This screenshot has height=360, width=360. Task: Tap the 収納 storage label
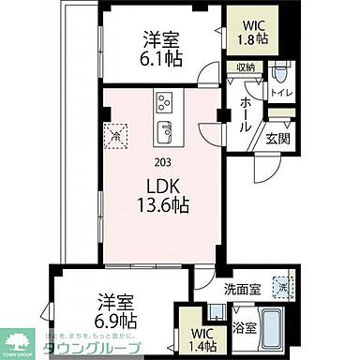pos(246,68)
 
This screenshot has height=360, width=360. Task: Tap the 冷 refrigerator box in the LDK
pos(114,136)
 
